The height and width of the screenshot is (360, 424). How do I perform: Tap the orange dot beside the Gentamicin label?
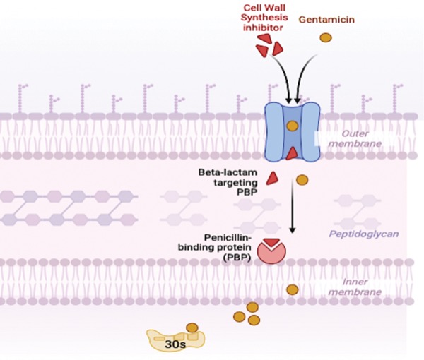coord(326,37)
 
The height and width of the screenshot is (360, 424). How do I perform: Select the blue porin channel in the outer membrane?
coord(293,131)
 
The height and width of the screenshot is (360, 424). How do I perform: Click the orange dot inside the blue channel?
coord(293,126)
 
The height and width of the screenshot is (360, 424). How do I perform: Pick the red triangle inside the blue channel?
coord(292,153)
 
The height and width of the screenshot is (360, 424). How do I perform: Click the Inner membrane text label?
coord(358,285)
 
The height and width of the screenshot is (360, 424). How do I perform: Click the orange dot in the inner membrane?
coord(292,289)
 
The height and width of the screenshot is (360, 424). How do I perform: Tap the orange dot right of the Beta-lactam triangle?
coord(302,180)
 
